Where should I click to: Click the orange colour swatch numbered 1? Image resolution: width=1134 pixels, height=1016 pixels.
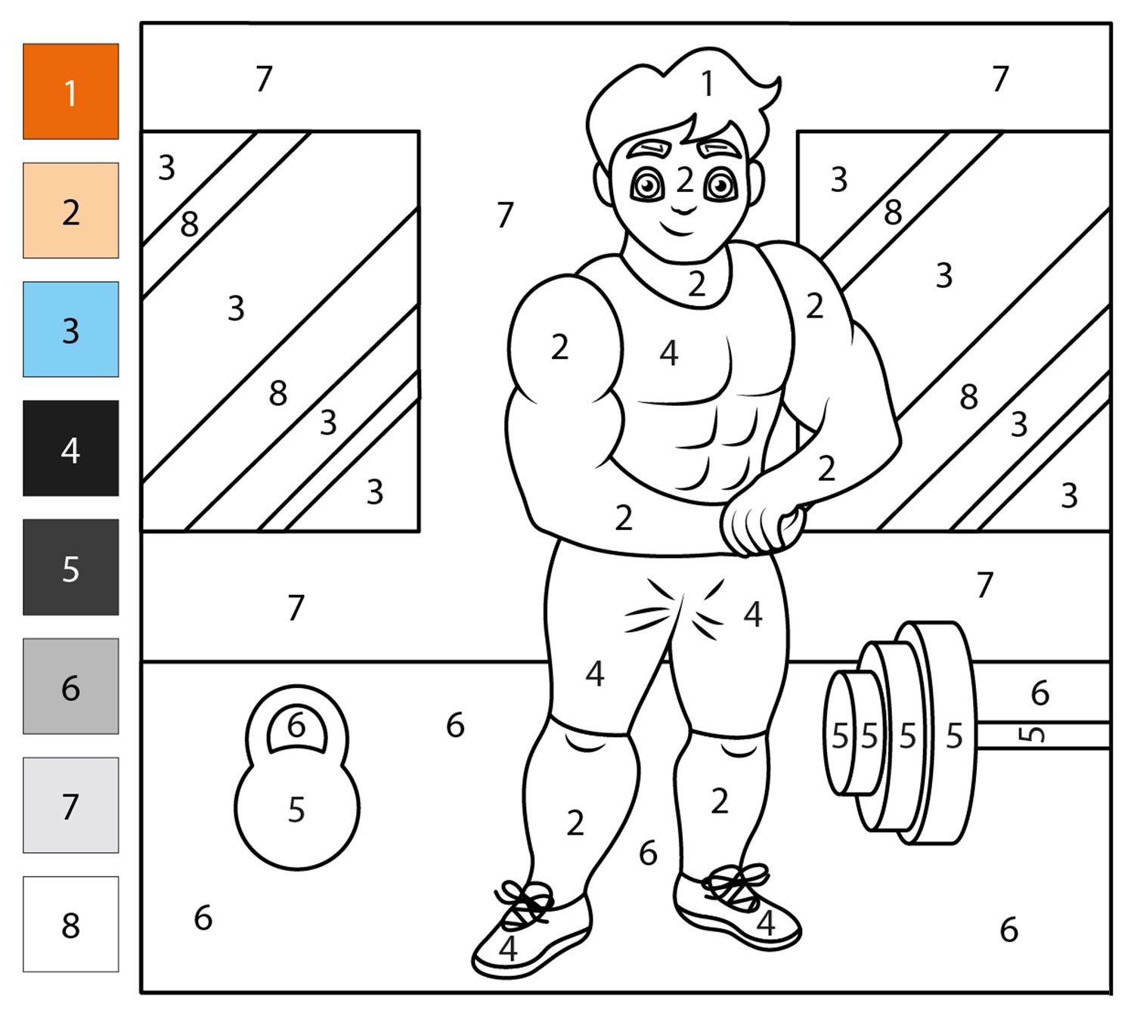[70, 91]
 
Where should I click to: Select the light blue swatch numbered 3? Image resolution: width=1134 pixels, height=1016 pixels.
[70, 329]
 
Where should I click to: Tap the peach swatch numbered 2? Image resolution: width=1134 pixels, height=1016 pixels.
[70, 210]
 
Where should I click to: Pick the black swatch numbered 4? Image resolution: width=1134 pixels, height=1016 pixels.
[70, 448]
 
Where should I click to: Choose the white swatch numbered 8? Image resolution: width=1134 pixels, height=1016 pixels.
[70, 925]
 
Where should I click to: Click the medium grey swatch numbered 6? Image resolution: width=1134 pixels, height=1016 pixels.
[70, 686]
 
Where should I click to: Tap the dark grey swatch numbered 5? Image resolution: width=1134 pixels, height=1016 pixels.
[70, 567]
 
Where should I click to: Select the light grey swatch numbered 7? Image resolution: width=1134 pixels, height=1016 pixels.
[70, 805]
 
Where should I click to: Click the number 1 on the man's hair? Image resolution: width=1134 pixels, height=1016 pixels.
[708, 84]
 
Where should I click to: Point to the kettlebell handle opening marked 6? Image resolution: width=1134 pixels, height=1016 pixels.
[297, 728]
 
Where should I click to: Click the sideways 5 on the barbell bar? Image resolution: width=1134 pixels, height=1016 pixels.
[1032, 734]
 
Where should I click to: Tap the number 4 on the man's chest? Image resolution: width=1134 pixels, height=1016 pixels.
[669, 353]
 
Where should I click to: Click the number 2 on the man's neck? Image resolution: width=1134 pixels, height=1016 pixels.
[697, 283]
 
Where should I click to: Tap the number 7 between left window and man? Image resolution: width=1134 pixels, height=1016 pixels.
[505, 215]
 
